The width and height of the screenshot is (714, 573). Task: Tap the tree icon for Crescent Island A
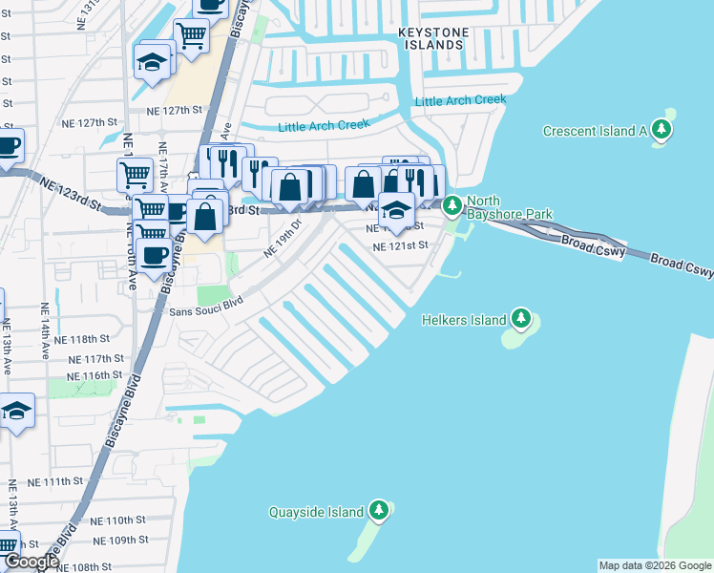[x=661, y=131]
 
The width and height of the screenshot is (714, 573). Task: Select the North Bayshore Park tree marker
[x=451, y=204]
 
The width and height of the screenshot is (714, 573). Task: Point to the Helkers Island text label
[x=464, y=320]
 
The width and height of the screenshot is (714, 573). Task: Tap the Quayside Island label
[x=317, y=512]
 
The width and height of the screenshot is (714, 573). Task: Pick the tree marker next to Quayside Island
[x=379, y=511]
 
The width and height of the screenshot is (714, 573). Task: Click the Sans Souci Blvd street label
[x=207, y=311]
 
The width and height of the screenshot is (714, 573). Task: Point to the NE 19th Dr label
[x=283, y=239]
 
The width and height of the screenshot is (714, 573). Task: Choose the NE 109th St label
[x=115, y=540]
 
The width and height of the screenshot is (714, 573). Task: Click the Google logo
[x=31, y=562]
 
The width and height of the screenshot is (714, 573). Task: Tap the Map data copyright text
[x=654, y=565]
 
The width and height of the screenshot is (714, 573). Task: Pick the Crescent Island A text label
[x=595, y=131]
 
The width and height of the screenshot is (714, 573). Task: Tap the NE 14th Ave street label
[x=44, y=329]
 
